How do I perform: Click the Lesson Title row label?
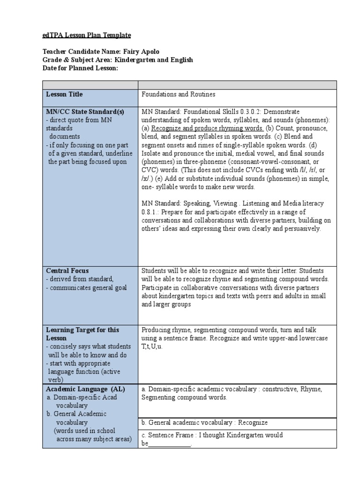[64, 94]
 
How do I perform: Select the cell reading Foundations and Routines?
[178, 94]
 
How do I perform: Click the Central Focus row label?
[67, 271]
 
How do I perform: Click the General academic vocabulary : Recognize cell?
[204, 423]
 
